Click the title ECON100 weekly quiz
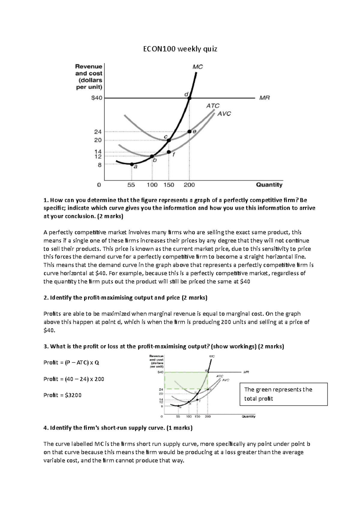(x=180, y=49)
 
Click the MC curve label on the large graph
(x=197, y=67)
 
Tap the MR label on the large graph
(x=264, y=98)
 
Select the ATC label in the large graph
(x=213, y=106)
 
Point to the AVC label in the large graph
(x=224, y=114)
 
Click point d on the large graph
(x=189, y=98)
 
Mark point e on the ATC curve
(x=189, y=132)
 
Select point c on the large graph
(x=169, y=140)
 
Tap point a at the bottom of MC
(x=132, y=164)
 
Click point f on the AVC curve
(x=169, y=152)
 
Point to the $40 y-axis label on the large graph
(x=97, y=98)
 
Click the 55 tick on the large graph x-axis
(x=131, y=185)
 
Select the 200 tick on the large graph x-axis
(x=189, y=185)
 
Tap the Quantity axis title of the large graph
(x=269, y=185)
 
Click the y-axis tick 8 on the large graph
(x=100, y=165)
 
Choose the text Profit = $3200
(x=62, y=395)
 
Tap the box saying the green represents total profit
(x=283, y=394)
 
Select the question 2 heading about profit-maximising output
(x=125, y=298)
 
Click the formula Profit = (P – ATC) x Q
(x=71, y=362)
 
